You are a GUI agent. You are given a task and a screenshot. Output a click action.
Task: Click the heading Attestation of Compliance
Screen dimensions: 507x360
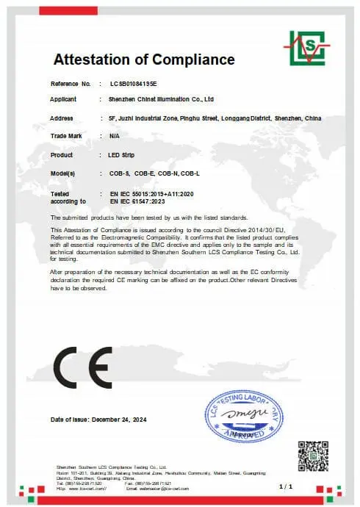pos(144,60)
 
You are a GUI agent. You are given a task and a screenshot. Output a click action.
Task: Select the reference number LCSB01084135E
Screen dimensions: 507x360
pos(134,84)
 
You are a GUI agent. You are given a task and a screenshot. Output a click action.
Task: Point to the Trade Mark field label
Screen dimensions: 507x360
pos(65,136)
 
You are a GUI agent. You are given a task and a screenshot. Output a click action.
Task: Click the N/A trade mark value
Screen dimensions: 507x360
pos(114,136)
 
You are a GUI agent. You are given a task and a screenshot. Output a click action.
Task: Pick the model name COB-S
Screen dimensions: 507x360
pos(119,174)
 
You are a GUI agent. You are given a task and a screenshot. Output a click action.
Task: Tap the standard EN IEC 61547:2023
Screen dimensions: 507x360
pos(140,200)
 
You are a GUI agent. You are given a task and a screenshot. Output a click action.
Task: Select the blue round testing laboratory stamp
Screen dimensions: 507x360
pos(243,417)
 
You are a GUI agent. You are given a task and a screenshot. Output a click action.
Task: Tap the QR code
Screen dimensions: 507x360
pos(312,456)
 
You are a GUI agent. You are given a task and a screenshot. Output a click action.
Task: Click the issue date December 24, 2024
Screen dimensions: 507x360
pos(119,420)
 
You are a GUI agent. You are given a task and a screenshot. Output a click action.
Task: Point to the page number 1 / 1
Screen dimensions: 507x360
pos(287,486)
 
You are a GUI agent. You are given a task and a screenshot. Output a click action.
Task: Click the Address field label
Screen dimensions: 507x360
pos(62,118)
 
